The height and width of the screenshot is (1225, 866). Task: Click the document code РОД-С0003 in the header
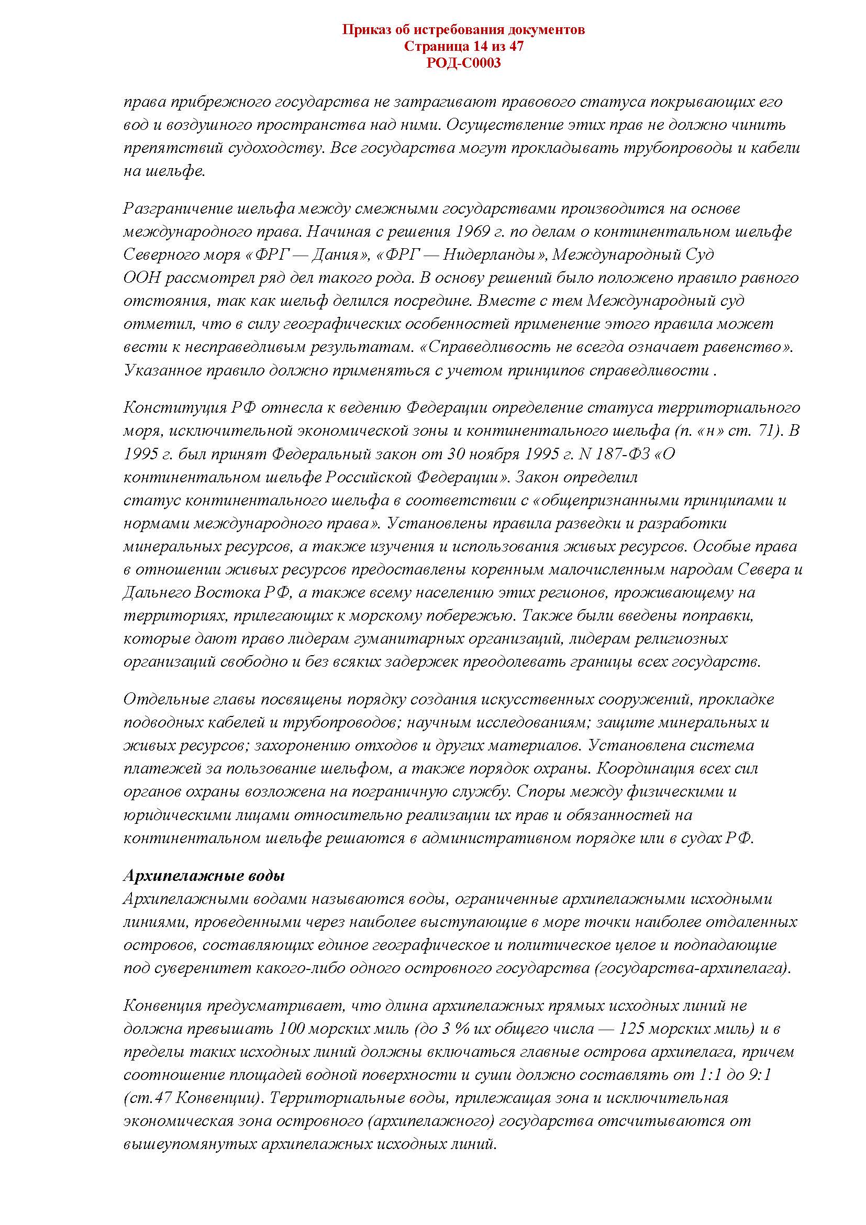coord(463,63)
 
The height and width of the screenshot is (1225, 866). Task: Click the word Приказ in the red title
coord(364,29)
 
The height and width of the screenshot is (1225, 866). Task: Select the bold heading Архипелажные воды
coord(204,876)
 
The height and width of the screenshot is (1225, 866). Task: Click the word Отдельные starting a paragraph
coord(160,699)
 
